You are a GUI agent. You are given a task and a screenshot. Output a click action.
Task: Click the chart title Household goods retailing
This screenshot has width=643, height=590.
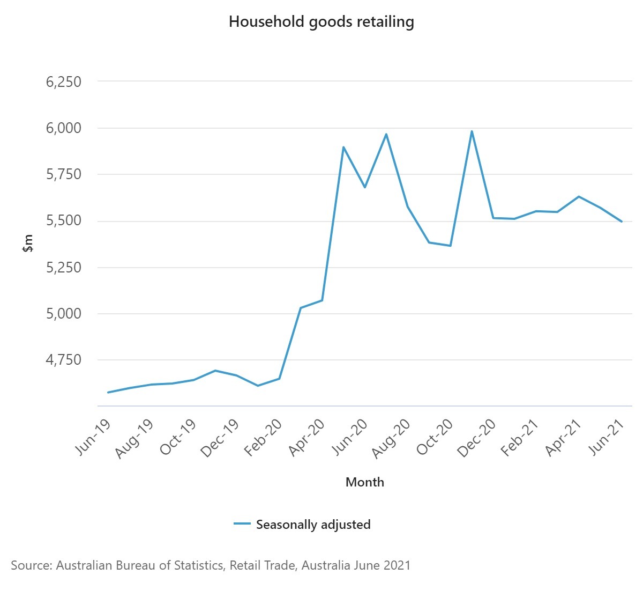[321, 21]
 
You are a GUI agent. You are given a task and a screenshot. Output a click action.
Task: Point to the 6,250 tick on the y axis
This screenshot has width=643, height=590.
[64, 82]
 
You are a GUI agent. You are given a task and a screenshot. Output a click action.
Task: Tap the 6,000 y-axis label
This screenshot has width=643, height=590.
[64, 128]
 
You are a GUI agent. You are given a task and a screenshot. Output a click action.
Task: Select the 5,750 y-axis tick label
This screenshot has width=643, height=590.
[64, 174]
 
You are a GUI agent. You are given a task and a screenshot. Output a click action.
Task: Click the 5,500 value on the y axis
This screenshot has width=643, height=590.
[64, 221]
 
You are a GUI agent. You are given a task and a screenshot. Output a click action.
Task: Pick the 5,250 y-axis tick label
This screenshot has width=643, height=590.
[64, 267]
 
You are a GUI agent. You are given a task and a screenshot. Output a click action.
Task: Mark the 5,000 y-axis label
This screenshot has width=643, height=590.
[64, 313]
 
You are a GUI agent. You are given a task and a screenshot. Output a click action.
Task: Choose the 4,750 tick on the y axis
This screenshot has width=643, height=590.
[64, 360]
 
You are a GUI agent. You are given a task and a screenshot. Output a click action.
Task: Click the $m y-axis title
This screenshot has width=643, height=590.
[28, 244]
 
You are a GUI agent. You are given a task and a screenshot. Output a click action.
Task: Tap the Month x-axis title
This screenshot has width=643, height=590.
[364, 482]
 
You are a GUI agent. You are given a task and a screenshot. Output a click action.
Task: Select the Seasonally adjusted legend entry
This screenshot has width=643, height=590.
[313, 525]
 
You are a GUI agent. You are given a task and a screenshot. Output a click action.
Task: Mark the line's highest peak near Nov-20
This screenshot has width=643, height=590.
[472, 131]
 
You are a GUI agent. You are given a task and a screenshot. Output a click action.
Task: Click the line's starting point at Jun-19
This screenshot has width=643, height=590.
[108, 392]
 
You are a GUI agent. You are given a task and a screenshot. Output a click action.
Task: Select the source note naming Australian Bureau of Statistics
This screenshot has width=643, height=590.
[211, 565]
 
